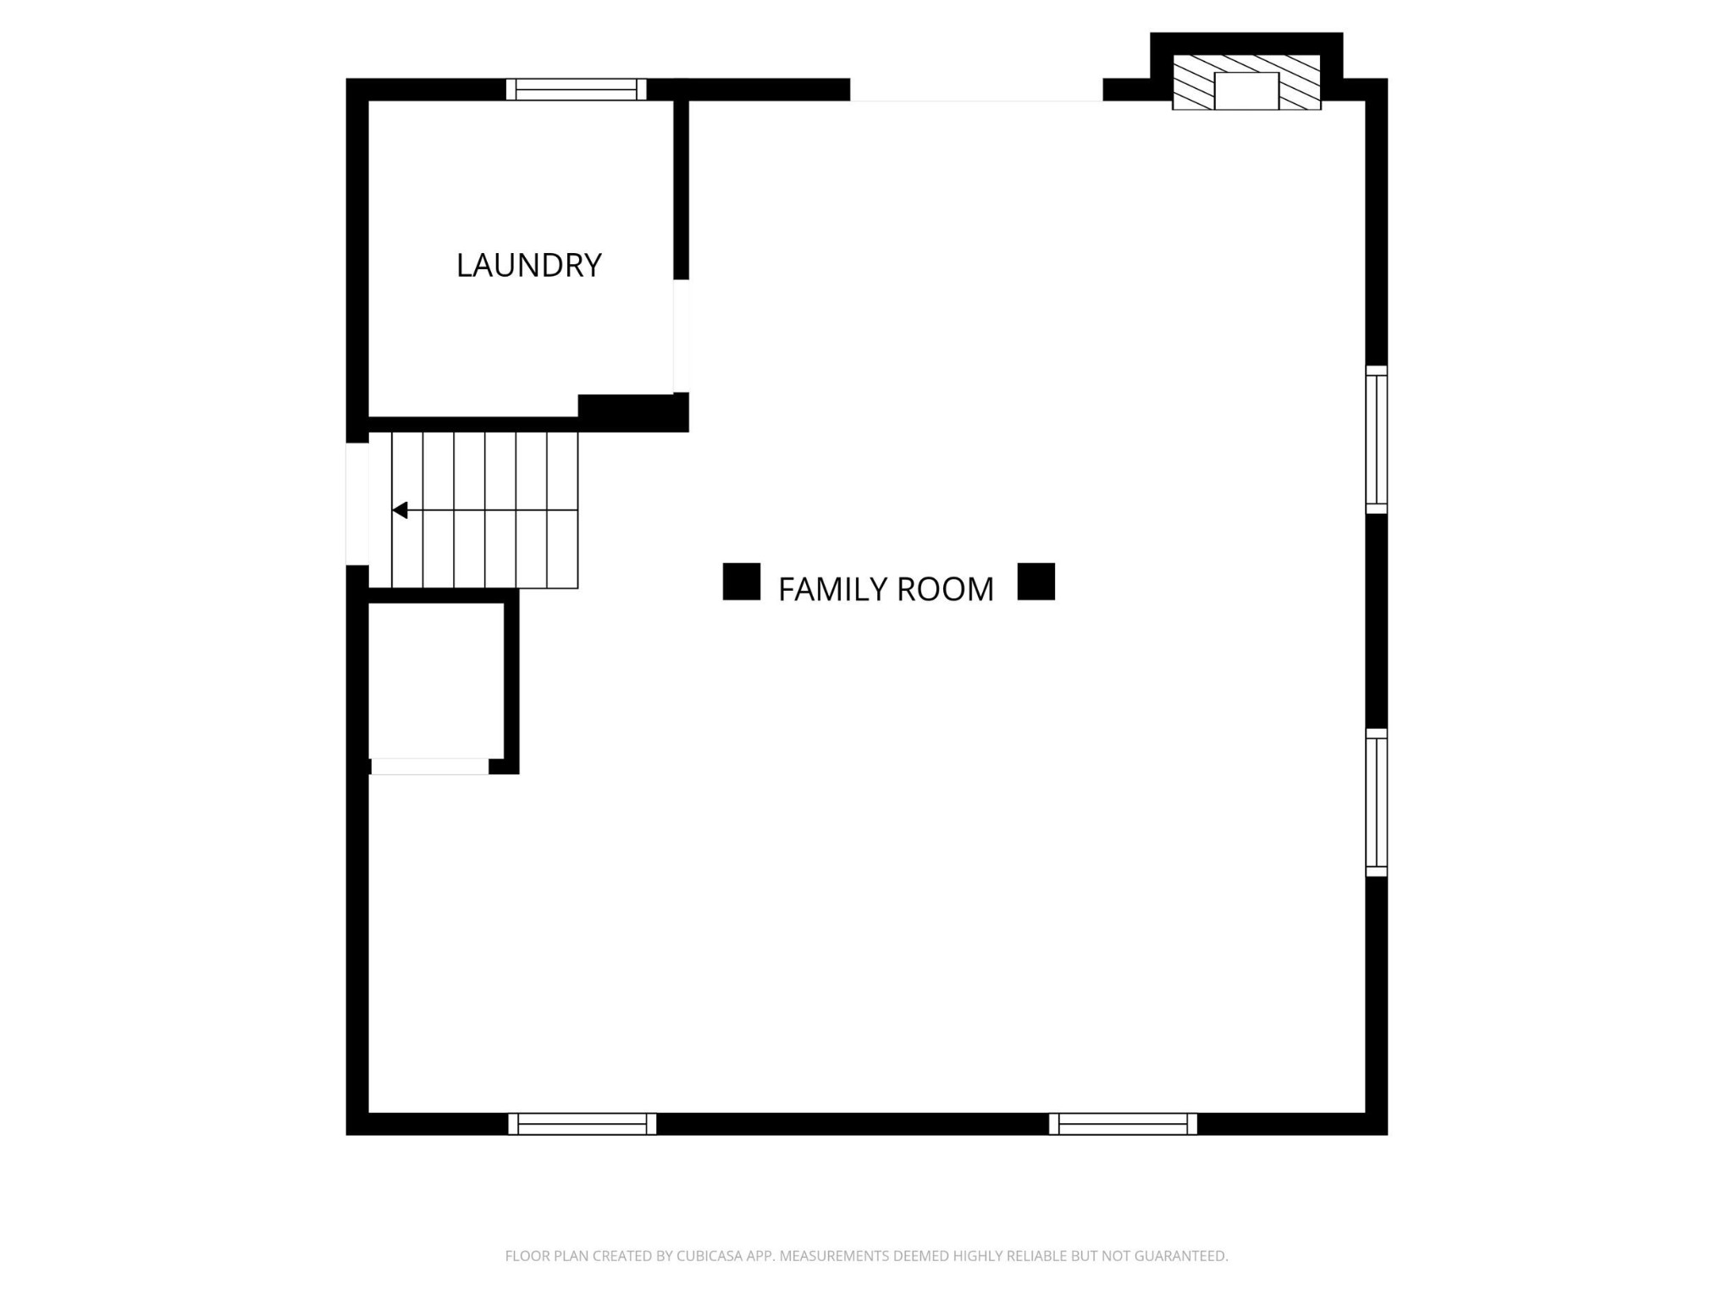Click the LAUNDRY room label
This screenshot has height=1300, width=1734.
(x=528, y=266)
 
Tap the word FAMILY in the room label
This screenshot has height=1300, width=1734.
(x=832, y=589)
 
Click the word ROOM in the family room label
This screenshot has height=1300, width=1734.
(x=946, y=589)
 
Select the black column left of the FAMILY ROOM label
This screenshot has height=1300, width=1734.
(x=741, y=581)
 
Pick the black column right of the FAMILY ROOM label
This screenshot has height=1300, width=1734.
(x=1035, y=581)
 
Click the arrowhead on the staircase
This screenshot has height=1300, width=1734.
(x=400, y=510)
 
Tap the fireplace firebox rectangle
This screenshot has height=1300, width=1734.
(x=1245, y=91)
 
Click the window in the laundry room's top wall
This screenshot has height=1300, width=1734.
(x=576, y=89)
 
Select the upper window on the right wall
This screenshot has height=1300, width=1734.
(x=1376, y=439)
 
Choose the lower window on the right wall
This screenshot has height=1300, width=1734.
(x=1376, y=802)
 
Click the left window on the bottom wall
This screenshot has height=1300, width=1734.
(x=582, y=1123)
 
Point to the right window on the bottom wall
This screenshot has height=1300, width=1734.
(x=1123, y=1123)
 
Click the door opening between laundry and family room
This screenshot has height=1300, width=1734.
(x=681, y=336)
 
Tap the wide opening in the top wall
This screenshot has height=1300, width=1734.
(x=975, y=90)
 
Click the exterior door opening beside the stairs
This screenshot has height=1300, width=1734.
(x=356, y=504)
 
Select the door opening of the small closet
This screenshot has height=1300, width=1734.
(x=429, y=766)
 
